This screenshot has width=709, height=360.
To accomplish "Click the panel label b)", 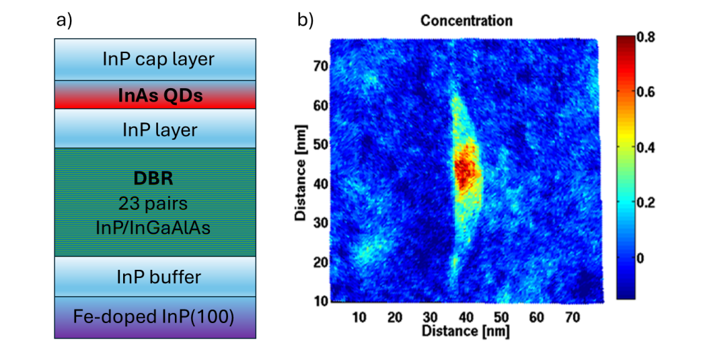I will click(x=305, y=20).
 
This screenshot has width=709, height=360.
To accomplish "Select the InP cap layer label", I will click(x=158, y=59).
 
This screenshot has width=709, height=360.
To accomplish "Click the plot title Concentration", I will click(x=466, y=21).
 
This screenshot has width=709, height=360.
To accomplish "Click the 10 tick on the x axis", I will click(x=359, y=316).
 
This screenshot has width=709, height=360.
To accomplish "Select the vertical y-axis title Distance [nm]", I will click(x=301, y=172).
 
